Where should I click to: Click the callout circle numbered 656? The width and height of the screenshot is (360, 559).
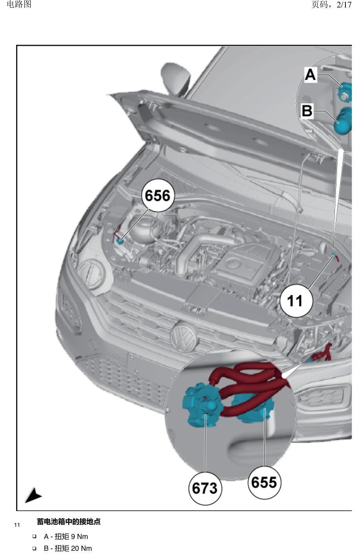pos(158,195)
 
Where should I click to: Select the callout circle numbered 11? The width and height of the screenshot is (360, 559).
pos(296,301)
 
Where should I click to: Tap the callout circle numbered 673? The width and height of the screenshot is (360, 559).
pos(205,488)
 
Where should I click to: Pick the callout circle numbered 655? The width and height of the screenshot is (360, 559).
pos(264,482)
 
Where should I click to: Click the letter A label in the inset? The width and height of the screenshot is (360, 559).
pos(310,74)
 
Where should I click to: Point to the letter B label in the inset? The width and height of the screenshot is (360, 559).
pos(307,111)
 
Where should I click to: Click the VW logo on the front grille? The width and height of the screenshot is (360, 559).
pos(184,337)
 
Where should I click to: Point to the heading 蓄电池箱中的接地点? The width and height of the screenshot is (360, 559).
pos(69,522)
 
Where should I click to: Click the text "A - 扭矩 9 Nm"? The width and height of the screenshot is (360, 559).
pos(66,537)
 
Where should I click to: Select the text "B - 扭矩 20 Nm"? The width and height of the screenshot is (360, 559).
pos(68,548)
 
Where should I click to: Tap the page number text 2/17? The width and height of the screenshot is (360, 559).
pos(344,4)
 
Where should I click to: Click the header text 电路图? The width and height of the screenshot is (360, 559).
pos(19,4)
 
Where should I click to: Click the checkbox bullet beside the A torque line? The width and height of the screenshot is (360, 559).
pos(34,536)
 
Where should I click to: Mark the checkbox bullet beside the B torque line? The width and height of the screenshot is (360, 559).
pos(34,548)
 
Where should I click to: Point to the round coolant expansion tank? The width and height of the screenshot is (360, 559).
pos(144,230)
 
